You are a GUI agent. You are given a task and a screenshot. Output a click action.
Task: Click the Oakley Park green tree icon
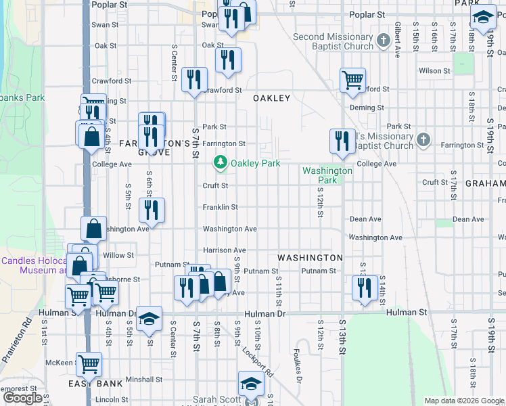coord(221,162)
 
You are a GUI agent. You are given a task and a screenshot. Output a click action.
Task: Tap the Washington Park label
coord(327,175)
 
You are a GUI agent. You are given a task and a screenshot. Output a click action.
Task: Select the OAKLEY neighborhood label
coord(271,98)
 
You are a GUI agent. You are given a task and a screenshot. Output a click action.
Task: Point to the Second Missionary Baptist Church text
coord(333,41)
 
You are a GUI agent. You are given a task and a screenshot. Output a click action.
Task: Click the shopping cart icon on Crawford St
coord(352,81)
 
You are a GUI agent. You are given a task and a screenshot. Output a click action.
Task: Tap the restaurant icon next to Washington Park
coord(342,141)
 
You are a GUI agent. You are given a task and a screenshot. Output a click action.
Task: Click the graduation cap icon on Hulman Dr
coord(149,319)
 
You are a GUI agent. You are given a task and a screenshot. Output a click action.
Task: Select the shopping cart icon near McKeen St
coord(89,365)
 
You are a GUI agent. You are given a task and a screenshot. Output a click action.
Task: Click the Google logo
coord(23,398)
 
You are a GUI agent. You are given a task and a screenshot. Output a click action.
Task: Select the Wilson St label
coord(434,70)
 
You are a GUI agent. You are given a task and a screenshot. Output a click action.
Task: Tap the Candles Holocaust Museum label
coord(32,265)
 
